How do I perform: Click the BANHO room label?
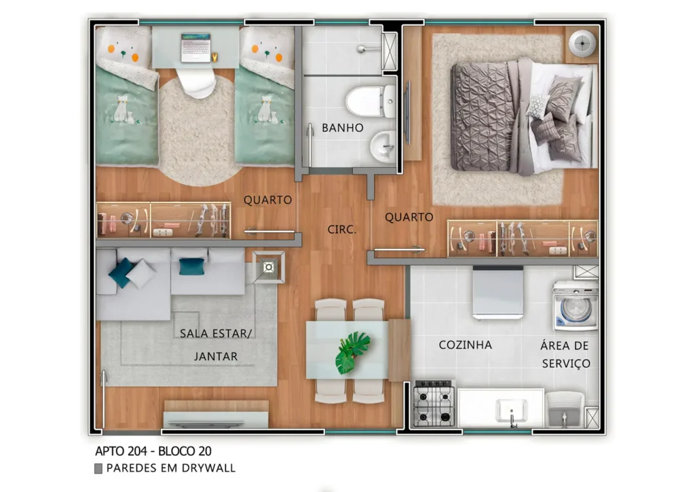(x=342, y=128)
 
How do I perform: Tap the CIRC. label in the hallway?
(x=341, y=230)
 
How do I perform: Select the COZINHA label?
(x=465, y=345)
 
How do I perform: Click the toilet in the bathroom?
(x=370, y=101)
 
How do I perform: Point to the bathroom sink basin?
(x=383, y=144)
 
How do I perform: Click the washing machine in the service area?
(x=576, y=306)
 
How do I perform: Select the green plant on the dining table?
(x=352, y=351)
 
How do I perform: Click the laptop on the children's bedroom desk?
(x=195, y=48)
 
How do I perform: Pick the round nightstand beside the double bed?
(x=582, y=44)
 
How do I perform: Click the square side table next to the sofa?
(x=269, y=267)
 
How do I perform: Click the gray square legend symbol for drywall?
(x=98, y=468)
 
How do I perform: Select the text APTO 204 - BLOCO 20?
(x=157, y=451)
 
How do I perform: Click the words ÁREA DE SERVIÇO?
(x=565, y=354)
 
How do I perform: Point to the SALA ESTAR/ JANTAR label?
(x=216, y=345)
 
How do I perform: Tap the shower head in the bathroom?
(x=363, y=48)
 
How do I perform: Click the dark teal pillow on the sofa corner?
(x=122, y=272)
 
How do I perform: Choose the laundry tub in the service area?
(x=565, y=408)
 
